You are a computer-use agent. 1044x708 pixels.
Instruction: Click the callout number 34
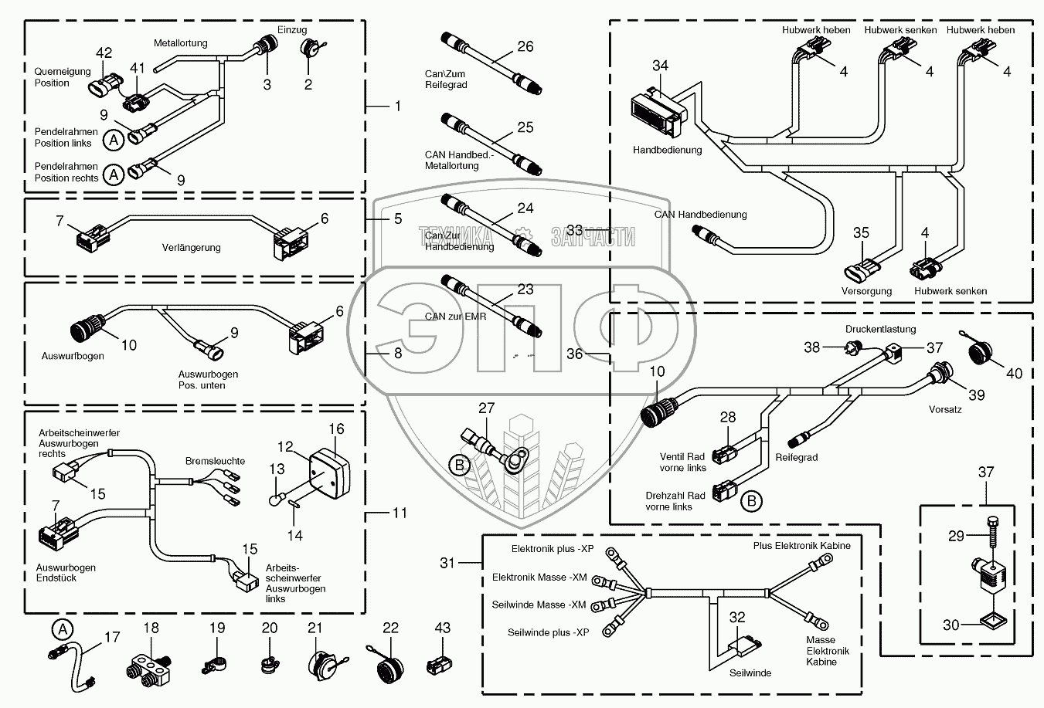pyautogui.click(x=659, y=66)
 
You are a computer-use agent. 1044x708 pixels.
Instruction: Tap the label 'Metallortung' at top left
pyautogui.click(x=180, y=43)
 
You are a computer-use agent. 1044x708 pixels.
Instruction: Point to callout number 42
pyautogui.click(x=104, y=53)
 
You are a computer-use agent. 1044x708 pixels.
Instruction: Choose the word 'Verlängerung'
pyautogui.click(x=191, y=248)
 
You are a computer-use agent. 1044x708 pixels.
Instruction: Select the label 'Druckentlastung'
pyautogui.click(x=880, y=329)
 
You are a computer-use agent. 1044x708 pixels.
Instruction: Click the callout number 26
pyautogui.click(x=525, y=46)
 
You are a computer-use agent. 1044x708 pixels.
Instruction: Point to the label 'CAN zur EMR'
pyautogui.click(x=451, y=316)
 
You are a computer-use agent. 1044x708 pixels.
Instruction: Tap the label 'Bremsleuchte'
pyautogui.click(x=215, y=461)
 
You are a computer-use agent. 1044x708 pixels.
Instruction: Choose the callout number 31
pyautogui.click(x=447, y=563)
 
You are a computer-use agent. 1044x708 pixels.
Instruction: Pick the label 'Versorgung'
pyautogui.click(x=866, y=291)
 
